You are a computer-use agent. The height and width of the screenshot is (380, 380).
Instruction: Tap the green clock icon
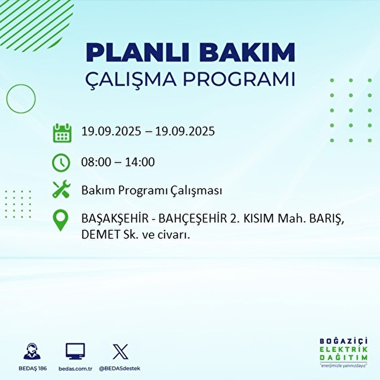click(61, 163)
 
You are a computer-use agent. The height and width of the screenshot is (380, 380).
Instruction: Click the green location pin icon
click(60, 220)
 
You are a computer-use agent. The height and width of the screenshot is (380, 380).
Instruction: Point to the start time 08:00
click(96, 162)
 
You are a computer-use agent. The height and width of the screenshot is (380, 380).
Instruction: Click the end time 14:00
click(140, 162)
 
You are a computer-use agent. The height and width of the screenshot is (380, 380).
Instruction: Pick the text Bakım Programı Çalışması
click(151, 191)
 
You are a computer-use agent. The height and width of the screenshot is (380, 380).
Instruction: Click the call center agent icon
click(32, 351)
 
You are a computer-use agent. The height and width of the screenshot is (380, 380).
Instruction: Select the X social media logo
click(120, 351)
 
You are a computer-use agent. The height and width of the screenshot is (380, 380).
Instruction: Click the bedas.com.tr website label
click(75, 369)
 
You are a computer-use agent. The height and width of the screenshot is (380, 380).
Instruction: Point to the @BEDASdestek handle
click(119, 369)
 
